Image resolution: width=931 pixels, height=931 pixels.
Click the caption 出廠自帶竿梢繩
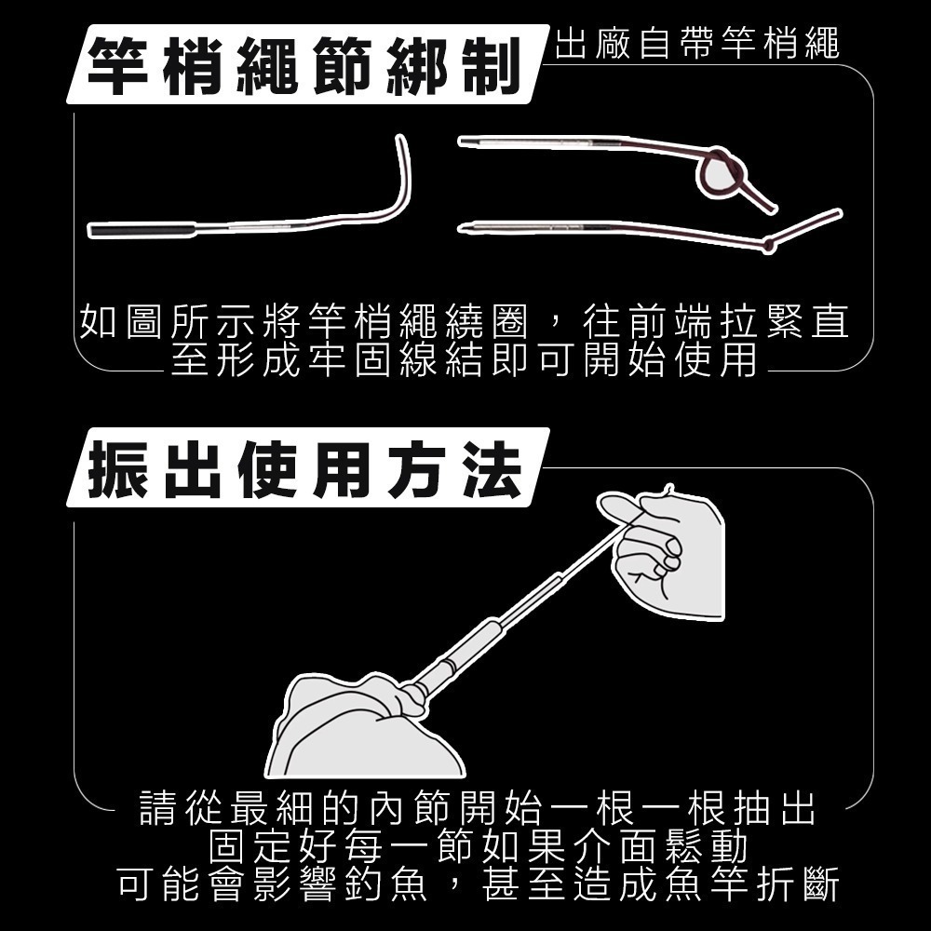(697, 43)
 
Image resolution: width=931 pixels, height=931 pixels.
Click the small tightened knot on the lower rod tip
(769, 245)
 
